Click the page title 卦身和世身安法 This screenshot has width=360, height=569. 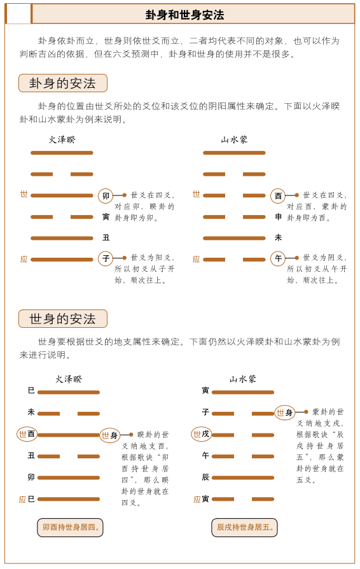click(185, 15)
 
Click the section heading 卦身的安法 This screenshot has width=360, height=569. click(62, 83)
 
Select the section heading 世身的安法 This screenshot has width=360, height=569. click(62, 319)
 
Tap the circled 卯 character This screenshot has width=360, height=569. click(106, 195)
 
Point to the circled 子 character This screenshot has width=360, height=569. click(106, 258)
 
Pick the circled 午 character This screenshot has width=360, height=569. click(278, 258)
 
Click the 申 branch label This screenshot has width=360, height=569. click(278, 217)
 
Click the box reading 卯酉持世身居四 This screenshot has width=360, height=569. click(70, 528)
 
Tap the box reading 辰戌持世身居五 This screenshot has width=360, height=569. click(244, 528)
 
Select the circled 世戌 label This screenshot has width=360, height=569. click(201, 434)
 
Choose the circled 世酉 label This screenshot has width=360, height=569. click(27, 434)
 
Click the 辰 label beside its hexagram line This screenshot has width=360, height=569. click(205, 477)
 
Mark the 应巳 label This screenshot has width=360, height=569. click(27, 499)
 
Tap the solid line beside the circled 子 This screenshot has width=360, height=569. click(62, 259)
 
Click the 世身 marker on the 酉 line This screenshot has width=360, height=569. click(110, 435)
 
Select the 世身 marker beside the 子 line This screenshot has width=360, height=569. click(284, 412)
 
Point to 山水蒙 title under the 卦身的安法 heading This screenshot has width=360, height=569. click(234, 139)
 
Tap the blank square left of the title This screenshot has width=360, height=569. click(18, 13)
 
